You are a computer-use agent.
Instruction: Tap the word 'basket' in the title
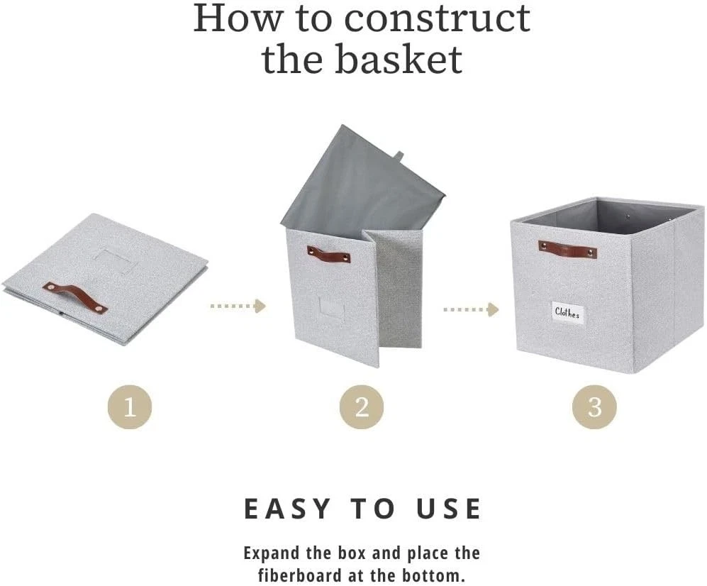tap(399, 59)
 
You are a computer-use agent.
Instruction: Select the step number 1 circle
tap(130, 407)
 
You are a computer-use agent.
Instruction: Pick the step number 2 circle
tap(362, 407)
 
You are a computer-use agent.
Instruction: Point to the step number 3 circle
tap(594, 407)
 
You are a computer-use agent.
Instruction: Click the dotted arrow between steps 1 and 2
tap(238, 306)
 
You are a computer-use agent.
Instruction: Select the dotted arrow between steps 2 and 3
tap(471, 309)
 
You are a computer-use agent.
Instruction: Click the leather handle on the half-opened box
tap(329, 255)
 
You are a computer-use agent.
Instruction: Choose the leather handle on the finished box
tap(567, 249)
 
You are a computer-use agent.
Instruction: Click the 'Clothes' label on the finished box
tap(567, 313)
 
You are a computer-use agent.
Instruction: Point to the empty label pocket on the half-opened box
tap(331, 308)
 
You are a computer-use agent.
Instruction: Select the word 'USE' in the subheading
tap(448, 509)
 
